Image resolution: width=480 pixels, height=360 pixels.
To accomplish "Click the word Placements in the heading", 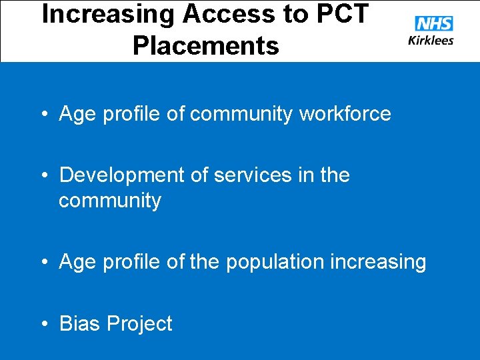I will (205, 46).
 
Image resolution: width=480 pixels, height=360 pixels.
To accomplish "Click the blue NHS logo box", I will (433, 24).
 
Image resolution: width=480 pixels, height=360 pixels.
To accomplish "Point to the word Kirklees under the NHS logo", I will (431, 40).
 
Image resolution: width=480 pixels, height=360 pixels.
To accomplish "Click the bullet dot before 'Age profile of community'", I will (45, 115).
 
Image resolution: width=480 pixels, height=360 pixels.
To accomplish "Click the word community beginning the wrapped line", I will (110, 201).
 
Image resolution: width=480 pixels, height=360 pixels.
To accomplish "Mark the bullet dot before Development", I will (45, 176).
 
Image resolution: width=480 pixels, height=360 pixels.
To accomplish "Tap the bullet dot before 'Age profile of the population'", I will (45, 263).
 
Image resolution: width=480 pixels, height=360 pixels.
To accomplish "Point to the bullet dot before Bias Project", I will (45, 324).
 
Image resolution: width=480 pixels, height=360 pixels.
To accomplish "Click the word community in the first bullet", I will (241, 114).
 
